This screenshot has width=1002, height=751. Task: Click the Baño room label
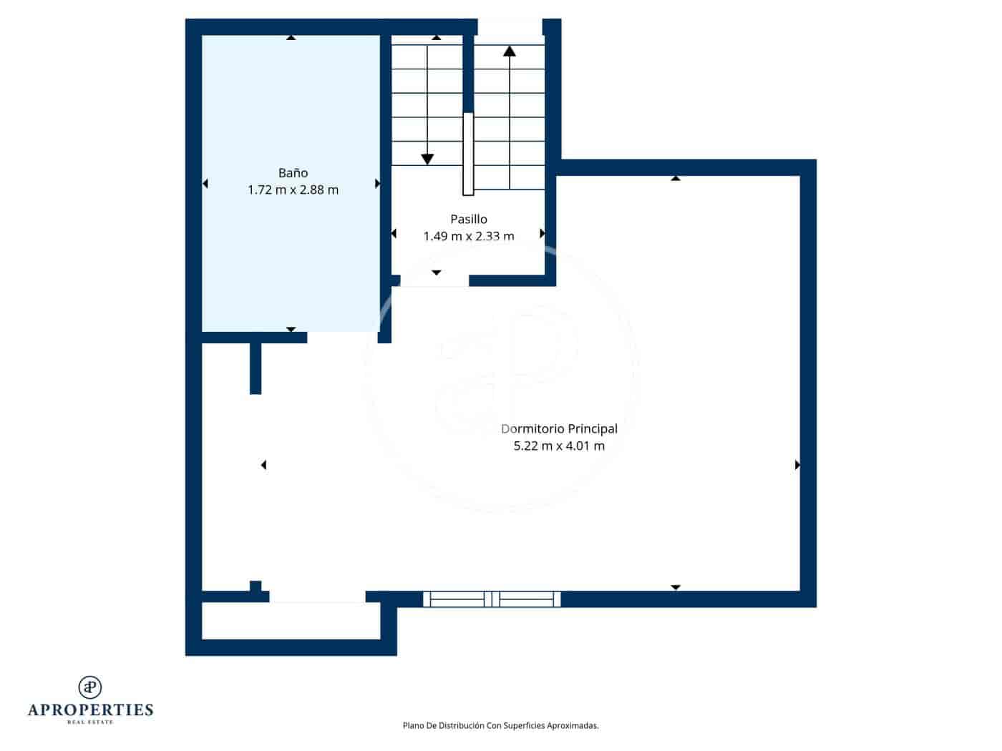click(x=293, y=172)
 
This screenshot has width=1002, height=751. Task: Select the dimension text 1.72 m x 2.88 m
click(x=293, y=190)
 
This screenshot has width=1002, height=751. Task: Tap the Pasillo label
click(x=468, y=219)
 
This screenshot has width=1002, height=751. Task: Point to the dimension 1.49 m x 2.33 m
click(x=468, y=236)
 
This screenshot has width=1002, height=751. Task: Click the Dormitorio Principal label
click(x=559, y=428)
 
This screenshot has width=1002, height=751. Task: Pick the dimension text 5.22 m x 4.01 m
click(x=559, y=446)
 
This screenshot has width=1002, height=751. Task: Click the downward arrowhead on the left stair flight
click(x=427, y=159)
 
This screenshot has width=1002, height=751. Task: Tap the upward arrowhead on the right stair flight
click(x=509, y=51)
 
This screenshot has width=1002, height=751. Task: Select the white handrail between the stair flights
click(x=468, y=153)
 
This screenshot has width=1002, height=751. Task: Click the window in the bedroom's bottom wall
click(x=492, y=599)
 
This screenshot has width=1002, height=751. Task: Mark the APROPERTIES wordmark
click(x=90, y=710)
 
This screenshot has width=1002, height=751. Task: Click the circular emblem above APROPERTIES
click(x=90, y=687)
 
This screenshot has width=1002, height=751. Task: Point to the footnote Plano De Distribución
click(x=500, y=725)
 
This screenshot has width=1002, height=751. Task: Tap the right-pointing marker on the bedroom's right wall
click(x=797, y=465)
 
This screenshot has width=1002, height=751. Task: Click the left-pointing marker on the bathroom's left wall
click(x=205, y=184)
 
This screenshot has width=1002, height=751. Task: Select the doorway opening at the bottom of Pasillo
click(x=434, y=281)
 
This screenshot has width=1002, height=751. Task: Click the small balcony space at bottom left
click(x=291, y=621)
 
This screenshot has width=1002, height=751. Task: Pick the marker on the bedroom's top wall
click(x=675, y=178)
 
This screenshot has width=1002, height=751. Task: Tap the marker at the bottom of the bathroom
click(x=291, y=329)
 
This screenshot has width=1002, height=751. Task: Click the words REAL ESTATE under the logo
click(x=90, y=722)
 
